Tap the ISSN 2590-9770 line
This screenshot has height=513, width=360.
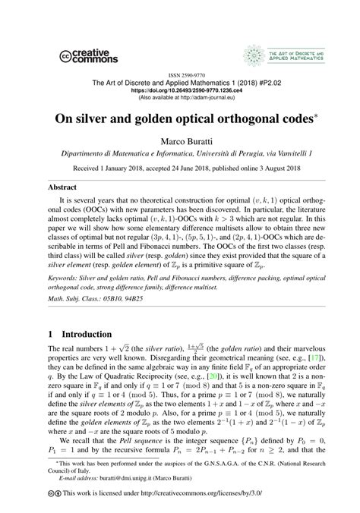tap(179, 77)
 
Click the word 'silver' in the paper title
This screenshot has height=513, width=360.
tap(105, 119)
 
